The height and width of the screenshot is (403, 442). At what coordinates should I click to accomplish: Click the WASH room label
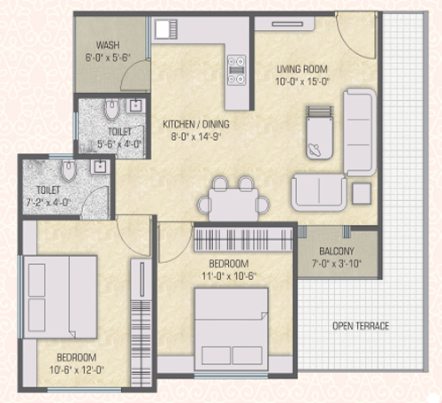pos(108,45)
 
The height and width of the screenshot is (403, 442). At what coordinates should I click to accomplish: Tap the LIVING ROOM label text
pos(302,69)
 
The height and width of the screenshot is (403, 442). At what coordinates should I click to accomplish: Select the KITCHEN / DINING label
pos(196,124)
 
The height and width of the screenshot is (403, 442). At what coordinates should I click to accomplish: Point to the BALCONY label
pos(337,252)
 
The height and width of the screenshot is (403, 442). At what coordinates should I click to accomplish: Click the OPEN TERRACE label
pos(361,326)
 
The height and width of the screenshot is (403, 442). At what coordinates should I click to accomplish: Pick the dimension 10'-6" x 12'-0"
pos(77,370)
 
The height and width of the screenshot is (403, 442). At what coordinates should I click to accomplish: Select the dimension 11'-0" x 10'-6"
pos(229,276)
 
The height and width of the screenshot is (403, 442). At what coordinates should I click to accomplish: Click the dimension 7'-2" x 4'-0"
pos(49,203)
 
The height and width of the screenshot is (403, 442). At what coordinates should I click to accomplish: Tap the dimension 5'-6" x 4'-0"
pos(119,144)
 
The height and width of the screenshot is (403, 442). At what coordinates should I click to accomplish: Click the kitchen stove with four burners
pos(237,70)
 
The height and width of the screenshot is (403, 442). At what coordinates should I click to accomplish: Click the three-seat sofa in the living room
pos(360,132)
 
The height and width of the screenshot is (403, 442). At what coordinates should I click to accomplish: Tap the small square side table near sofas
pos(362,193)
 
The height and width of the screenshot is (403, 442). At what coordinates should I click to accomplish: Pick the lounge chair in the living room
pos(319,133)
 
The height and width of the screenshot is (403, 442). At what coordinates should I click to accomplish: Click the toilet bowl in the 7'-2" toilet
pos(69,171)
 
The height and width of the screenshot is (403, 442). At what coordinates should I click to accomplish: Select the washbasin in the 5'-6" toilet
pos(135,105)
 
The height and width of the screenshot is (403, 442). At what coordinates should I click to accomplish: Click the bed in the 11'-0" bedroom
pos(232,329)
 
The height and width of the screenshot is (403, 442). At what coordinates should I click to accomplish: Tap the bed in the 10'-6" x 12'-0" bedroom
pos(60,297)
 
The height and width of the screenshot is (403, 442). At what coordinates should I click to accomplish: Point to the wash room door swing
pos(134,75)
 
